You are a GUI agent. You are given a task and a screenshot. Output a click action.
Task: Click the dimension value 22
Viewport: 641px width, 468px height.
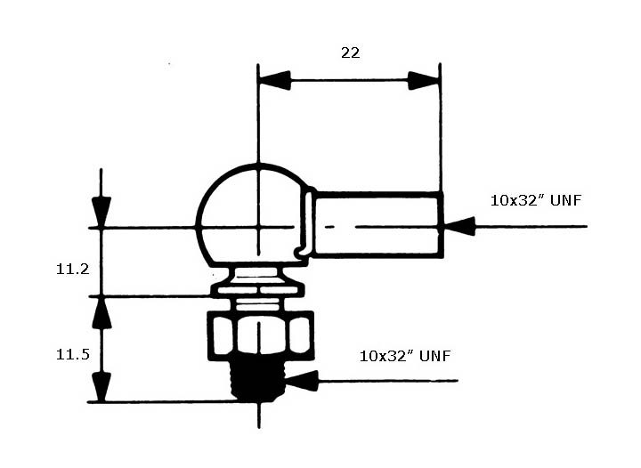coord(351,52)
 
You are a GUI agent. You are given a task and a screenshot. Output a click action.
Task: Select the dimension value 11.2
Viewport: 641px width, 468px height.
coord(72,269)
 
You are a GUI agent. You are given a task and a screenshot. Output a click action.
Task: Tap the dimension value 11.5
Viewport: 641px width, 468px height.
coord(72,354)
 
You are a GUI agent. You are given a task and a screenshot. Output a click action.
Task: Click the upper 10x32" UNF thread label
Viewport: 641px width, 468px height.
coord(536,200)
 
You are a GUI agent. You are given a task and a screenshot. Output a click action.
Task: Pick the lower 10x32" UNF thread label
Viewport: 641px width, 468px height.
coord(405,356)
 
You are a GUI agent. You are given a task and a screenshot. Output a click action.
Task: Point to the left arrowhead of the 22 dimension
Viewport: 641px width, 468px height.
coord(275,80)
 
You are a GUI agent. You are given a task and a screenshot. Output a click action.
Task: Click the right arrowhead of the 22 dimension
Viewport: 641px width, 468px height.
coord(424,80)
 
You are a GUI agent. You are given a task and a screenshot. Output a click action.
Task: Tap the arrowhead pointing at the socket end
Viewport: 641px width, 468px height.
coord(459,226)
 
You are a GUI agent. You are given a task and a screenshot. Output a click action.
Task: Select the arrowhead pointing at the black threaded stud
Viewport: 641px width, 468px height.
coord(302,381)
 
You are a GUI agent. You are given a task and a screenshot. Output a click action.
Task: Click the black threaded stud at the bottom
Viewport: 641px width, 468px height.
coord(257,380)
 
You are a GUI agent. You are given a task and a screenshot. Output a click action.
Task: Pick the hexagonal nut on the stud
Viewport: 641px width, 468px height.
coord(261,335)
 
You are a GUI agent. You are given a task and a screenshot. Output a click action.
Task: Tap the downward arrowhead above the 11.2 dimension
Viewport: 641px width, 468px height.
coord(101,212)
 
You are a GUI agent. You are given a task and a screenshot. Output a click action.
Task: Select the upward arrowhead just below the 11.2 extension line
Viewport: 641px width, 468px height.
coord(101,313)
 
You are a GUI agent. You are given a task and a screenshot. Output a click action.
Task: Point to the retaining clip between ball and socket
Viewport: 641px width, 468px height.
coord(305,224)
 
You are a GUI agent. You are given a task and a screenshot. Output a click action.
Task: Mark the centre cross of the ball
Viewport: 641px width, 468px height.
coord(258,227)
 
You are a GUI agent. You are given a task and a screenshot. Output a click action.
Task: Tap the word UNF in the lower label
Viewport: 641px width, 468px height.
coord(435,356)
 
